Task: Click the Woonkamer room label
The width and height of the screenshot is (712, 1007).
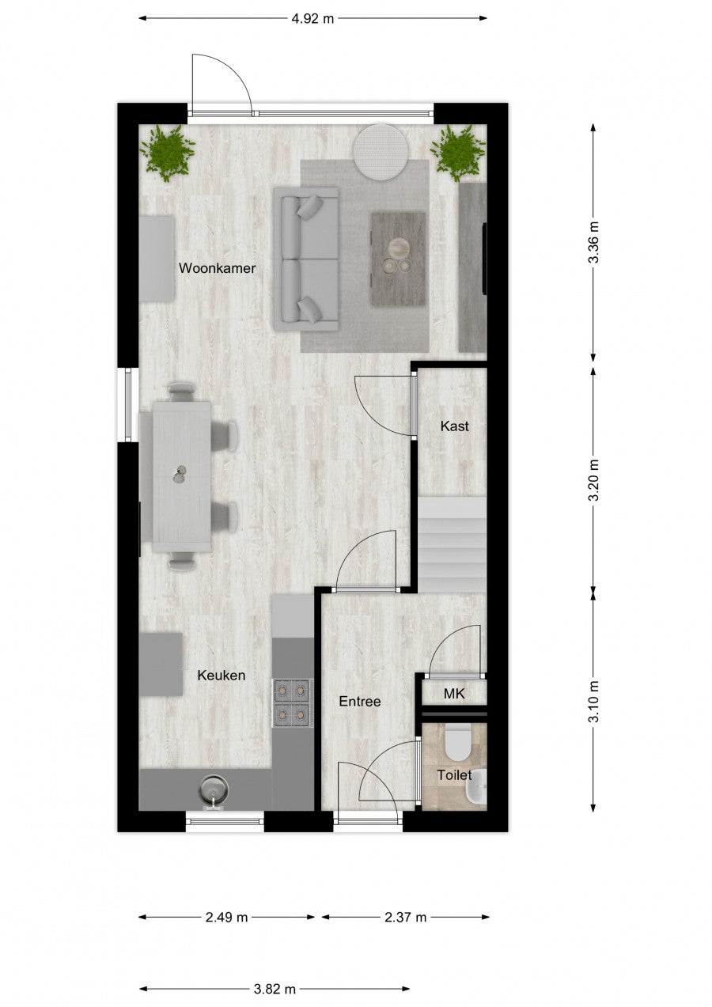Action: [217, 268]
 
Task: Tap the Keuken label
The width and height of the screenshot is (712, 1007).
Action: [222, 676]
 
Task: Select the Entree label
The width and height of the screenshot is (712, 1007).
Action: [360, 702]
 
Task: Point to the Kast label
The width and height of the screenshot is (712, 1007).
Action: [454, 426]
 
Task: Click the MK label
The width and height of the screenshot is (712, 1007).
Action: [454, 694]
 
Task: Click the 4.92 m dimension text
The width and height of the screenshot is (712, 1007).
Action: [312, 18]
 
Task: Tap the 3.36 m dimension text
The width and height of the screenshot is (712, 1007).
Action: [594, 242]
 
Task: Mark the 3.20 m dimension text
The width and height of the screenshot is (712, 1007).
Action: [594, 479]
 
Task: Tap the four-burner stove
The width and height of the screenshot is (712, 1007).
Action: [293, 702]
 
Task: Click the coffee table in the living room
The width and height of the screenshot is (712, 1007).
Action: [398, 259]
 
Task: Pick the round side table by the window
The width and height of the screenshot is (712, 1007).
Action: [381, 152]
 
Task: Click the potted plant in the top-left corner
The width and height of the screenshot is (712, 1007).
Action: [167, 153]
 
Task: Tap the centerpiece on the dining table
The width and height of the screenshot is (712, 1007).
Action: [180, 475]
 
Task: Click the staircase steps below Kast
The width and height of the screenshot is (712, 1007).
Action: [453, 544]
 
